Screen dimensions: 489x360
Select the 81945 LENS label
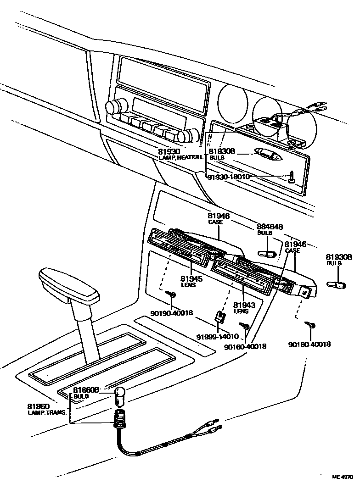(188, 281)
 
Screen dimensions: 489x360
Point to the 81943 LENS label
(241, 307)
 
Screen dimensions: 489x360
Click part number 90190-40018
(172, 313)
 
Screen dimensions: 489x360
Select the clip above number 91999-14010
(219, 316)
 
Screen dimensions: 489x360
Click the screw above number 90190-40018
(172, 294)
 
